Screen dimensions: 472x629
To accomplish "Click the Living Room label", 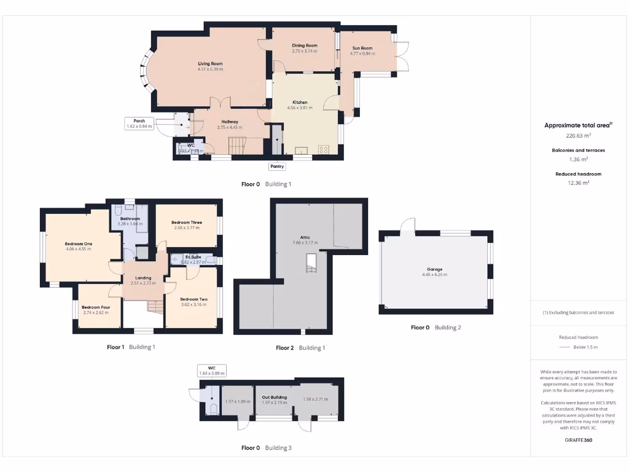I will point(210,63).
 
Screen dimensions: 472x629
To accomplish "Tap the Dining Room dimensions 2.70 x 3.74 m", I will point(304,51).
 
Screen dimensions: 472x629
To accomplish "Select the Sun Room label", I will point(362,48).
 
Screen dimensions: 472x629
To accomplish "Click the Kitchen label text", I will point(300,102).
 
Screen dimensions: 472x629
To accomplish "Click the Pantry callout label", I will point(276,166).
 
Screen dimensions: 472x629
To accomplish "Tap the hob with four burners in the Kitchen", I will point(324,149).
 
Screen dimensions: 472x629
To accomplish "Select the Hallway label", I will point(230,122).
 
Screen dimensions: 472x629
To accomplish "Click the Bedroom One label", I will point(78,243).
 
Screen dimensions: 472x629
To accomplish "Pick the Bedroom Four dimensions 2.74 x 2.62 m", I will point(95,313).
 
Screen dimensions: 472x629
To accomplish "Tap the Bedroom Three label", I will point(187,222).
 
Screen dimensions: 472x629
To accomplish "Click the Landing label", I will point(143,278).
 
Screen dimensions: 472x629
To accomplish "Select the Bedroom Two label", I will point(193,299).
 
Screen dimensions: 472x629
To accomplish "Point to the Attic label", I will point(305,237).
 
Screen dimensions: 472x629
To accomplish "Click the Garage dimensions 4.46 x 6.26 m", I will point(435,275).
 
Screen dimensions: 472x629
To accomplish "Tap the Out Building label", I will point(275,397).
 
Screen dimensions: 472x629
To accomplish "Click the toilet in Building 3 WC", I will point(213,409).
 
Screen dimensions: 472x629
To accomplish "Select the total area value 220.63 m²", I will point(578,136).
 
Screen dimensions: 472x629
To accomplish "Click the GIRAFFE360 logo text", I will point(578,440).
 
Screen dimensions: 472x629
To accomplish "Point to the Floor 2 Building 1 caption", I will point(300,348).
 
